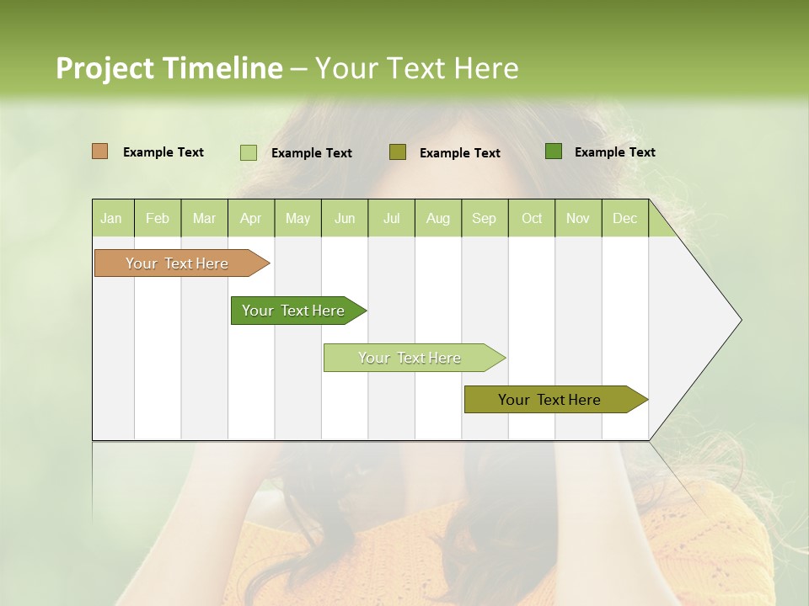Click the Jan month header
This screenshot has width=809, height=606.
click(112, 218)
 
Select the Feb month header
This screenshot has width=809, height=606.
click(158, 218)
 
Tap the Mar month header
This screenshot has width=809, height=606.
click(204, 218)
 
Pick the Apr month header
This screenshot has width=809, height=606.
click(251, 218)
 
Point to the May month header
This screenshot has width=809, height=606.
click(297, 218)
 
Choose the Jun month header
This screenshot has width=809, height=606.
click(345, 218)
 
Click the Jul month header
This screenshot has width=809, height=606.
click(391, 218)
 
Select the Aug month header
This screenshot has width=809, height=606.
click(438, 218)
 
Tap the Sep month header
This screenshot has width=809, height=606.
click(485, 218)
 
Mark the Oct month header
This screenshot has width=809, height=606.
click(532, 218)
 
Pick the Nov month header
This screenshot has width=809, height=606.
click(578, 218)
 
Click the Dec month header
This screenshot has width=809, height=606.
click(625, 218)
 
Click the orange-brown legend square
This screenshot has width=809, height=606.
click(100, 151)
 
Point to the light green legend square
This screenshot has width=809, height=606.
click(249, 152)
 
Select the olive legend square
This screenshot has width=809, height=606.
click(398, 151)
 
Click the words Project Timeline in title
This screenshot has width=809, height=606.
click(169, 68)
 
